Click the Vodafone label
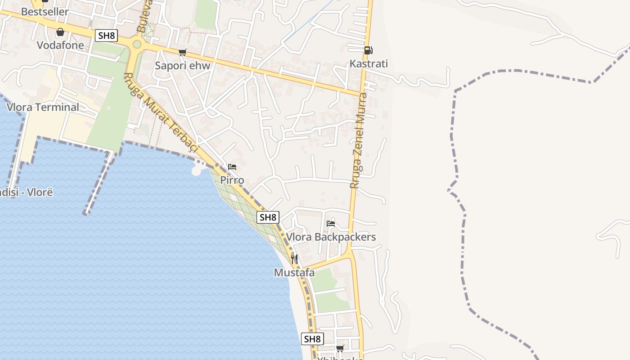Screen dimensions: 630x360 (60, 45)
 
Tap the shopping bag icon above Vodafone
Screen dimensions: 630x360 (60, 32)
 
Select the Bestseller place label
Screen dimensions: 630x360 (45, 12)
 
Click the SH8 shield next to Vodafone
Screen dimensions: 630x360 (106, 36)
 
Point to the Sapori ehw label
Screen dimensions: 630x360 (183, 65)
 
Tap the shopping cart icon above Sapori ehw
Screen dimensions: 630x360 (182, 53)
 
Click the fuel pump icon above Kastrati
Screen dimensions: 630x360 (368, 50)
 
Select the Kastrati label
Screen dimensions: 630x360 (369, 63)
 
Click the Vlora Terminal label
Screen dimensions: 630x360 (43, 107)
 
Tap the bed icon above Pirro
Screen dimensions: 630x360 (232, 167)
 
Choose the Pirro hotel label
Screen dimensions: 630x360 (232, 180)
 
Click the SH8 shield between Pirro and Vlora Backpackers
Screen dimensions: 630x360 (268, 217)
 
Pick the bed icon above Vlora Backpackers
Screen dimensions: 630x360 (331, 224)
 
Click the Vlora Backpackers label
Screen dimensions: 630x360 (331, 237)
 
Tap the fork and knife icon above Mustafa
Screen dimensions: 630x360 (294, 259)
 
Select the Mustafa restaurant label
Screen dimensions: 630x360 (294, 272)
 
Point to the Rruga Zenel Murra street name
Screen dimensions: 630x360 (359, 140)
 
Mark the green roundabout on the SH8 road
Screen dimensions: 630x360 (137, 44)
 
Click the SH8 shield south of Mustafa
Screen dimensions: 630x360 (312, 339)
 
